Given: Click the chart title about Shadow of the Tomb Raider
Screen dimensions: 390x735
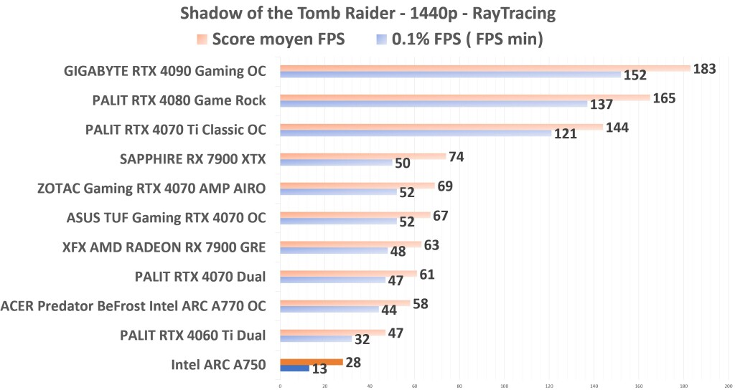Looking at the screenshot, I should (367, 14).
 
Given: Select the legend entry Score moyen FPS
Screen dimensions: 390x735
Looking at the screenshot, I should (278, 39).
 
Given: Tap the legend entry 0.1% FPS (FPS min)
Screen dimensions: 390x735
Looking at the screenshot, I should (467, 39).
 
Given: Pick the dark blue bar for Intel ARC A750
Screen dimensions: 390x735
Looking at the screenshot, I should (294, 368).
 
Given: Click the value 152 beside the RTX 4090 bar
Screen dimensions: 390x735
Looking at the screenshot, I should (635, 75).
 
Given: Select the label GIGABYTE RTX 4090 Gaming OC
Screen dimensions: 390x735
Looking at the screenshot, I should (164, 71).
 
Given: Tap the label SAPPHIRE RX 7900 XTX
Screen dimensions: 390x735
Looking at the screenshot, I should (195, 158).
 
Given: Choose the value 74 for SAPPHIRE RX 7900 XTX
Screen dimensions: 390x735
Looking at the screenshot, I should (457, 156).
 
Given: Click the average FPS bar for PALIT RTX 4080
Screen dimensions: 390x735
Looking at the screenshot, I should (464, 97).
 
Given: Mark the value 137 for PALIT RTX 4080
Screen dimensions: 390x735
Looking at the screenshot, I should (601, 105).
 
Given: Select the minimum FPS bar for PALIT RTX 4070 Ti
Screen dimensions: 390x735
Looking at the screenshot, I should (416, 133).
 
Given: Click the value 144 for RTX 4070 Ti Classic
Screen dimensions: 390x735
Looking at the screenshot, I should (617, 127).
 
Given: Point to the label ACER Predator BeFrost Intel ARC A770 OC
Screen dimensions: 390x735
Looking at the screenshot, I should (134, 305).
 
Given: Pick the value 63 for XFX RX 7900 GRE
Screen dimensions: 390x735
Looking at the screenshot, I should (431, 245).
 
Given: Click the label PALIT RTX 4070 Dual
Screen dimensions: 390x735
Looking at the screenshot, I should (200, 276).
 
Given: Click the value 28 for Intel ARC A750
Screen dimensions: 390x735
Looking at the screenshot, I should (353, 362).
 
